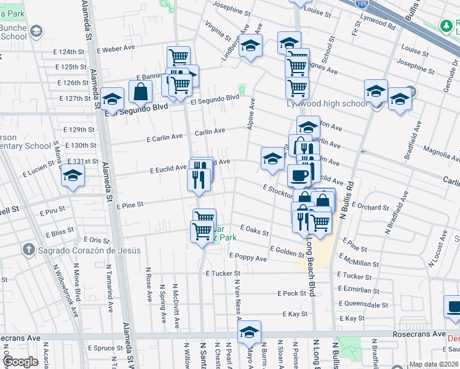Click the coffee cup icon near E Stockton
coord(299,175)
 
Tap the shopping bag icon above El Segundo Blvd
coord(141,92)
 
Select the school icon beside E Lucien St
coord(73,177)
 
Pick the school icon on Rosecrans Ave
coord(249,332)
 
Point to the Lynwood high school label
coord(327,104)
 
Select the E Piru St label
coord(52,212)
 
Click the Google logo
coord(20,362)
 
